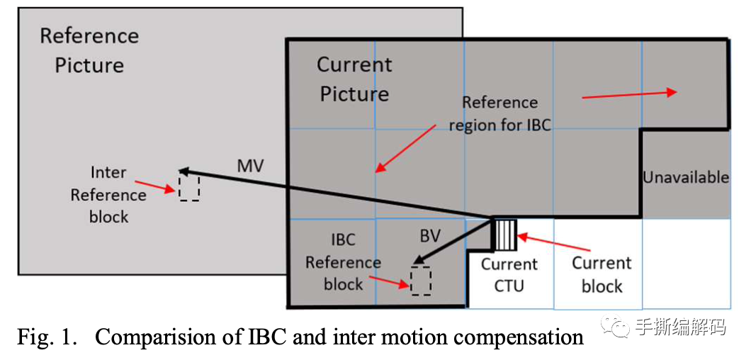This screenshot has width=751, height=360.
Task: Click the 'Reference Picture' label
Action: tap(89, 50)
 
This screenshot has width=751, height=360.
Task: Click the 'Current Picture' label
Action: tap(354, 79)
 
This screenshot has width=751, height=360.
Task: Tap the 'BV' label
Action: tap(430, 236)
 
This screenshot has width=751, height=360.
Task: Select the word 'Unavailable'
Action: tap(686, 177)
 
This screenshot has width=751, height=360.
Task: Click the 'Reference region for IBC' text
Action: tap(499, 114)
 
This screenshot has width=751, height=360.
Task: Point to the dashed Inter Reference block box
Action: tap(189, 189)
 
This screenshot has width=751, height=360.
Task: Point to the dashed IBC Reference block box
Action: tap(421, 281)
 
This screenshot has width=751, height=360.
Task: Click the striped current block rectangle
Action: tap(506, 235)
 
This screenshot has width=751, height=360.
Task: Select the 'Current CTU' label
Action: tap(509, 275)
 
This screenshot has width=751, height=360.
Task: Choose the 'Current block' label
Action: tap(602, 275)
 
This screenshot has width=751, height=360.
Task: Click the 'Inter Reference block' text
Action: tap(108, 195)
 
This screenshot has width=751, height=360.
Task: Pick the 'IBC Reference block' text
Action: tap(344, 262)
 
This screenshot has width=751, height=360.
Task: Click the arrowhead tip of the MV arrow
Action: tap(181, 170)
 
